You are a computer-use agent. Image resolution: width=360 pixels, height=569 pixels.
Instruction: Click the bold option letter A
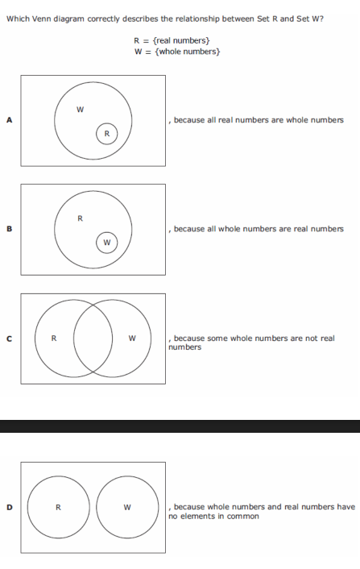click(x=10, y=120)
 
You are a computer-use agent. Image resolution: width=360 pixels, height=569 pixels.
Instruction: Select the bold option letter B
click(x=10, y=229)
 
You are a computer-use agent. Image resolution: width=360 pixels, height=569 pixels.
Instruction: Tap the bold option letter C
click(x=10, y=338)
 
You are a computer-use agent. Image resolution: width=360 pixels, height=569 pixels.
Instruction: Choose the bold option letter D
click(x=10, y=507)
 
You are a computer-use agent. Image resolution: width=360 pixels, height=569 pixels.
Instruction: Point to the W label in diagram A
click(x=80, y=110)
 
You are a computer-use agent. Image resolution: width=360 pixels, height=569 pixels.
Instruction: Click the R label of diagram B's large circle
click(x=80, y=218)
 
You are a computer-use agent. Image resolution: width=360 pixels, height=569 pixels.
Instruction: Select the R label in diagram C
click(x=54, y=338)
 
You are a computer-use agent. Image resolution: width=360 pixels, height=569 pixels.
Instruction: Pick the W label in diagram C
click(x=132, y=338)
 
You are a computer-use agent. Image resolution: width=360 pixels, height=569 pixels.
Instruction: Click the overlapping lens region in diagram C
click(x=93, y=338)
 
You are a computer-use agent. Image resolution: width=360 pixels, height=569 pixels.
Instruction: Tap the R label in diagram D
click(x=58, y=507)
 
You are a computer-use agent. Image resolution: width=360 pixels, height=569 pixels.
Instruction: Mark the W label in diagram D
click(x=127, y=507)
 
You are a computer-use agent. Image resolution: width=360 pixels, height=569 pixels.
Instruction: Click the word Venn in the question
click(x=42, y=19)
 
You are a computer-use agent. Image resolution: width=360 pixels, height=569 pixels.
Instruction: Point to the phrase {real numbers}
click(x=181, y=40)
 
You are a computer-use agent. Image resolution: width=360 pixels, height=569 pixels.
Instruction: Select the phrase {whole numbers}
click(x=187, y=52)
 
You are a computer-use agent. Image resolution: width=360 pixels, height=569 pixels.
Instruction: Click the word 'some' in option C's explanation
click(x=217, y=338)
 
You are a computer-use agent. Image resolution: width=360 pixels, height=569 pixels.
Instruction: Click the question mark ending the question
click(x=321, y=19)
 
